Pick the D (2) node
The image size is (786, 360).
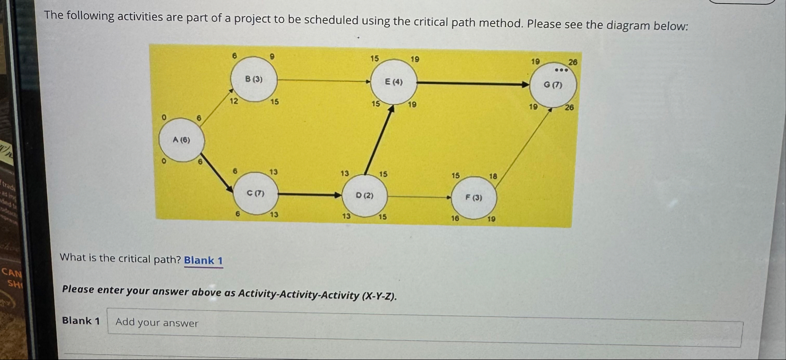point(364,195)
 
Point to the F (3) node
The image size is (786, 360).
point(474,198)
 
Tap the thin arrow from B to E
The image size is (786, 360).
point(324,81)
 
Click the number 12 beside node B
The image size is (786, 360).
point(233,100)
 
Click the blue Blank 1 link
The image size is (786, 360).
point(203,260)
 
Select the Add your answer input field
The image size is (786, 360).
point(424,323)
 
